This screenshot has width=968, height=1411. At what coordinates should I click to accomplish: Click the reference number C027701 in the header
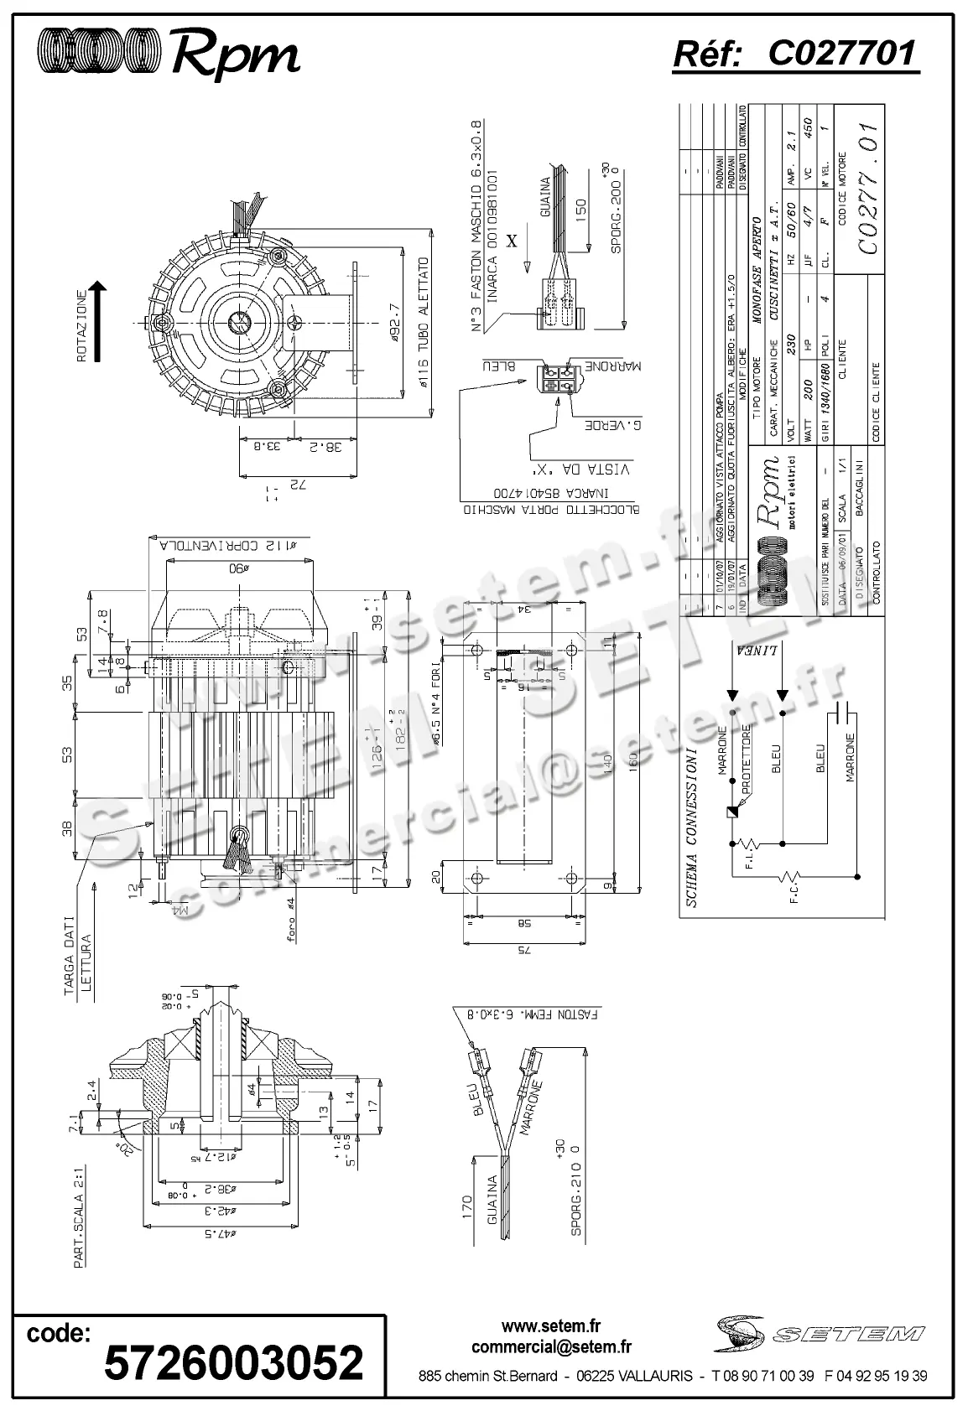click(841, 54)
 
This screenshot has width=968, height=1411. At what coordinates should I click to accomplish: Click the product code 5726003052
click(232, 1362)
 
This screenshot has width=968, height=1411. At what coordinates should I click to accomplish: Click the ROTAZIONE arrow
click(98, 322)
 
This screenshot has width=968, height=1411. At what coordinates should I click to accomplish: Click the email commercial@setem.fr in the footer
click(551, 1347)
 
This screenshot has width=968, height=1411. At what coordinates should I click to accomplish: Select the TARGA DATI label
click(73, 960)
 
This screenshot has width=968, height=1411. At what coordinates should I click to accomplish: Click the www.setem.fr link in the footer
click(551, 1326)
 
